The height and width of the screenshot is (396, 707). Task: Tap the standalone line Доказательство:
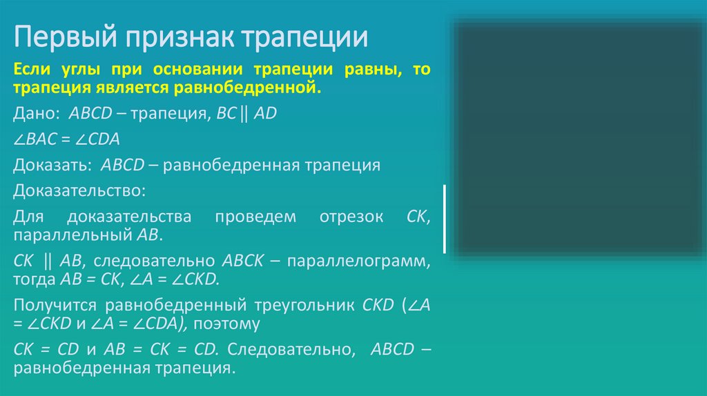(x=79, y=190)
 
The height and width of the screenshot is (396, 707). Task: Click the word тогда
(x=31, y=279)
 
